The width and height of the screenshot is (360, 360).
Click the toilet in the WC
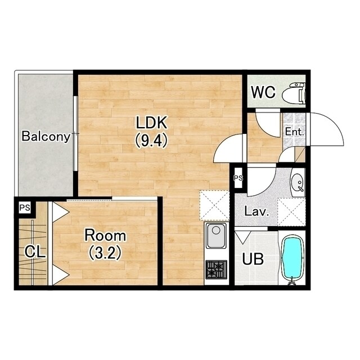[294, 93]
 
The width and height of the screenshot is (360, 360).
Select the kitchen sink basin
[216, 235]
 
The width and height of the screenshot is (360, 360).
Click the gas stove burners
[216, 269]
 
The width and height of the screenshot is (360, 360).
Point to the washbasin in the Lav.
[298, 182]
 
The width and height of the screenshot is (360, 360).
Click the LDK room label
[151, 123]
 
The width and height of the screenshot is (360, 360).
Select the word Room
[105, 236]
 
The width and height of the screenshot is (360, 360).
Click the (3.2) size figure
[105, 253]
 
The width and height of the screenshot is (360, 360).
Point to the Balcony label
[46, 136]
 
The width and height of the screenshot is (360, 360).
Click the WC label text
[263, 92]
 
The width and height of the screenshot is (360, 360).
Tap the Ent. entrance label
[294, 132]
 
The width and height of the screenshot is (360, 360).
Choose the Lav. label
[256, 211]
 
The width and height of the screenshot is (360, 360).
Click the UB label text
[253, 259]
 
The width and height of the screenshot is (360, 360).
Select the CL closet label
[35, 251]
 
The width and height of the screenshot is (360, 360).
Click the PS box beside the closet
[25, 208]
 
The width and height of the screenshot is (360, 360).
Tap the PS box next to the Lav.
[238, 178]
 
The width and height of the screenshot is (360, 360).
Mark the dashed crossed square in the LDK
[214, 206]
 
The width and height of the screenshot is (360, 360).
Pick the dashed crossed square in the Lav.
[291, 212]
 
